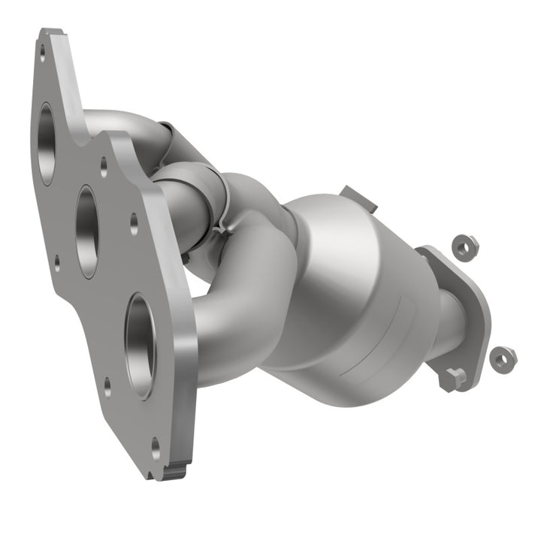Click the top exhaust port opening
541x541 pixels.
pos(47,143)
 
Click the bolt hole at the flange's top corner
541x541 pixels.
pos(43,52)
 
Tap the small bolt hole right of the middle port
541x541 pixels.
pos(134,221)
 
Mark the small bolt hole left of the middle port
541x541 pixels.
pos(57,262)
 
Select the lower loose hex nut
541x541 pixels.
pos(502,358)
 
